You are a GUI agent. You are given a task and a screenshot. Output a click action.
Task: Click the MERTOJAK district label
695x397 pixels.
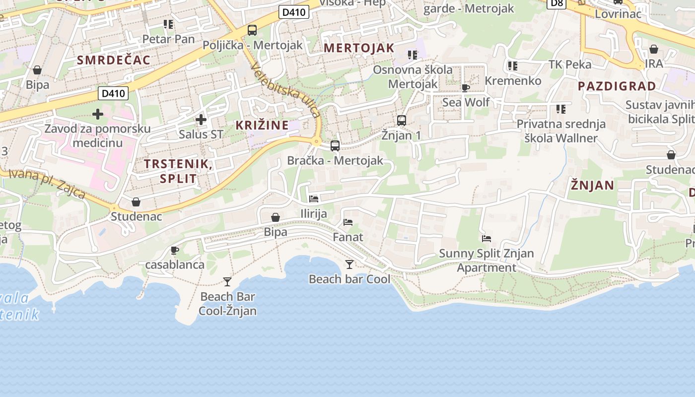359,48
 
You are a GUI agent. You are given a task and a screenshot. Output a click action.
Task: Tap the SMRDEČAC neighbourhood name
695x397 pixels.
114,60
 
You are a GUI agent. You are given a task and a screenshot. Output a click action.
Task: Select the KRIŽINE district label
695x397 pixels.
262,125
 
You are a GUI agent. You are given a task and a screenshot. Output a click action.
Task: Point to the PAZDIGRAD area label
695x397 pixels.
617,86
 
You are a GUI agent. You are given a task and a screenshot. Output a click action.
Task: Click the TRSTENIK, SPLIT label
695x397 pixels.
178,171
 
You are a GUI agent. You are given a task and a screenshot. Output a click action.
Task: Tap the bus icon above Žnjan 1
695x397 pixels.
402,120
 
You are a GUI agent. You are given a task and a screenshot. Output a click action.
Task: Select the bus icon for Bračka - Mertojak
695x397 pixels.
335,146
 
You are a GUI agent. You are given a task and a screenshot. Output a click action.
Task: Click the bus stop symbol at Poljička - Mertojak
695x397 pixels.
252,30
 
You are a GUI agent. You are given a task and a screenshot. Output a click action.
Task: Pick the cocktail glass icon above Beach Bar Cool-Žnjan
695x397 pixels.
227,282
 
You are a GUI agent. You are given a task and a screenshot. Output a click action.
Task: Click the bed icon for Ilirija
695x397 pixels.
314,199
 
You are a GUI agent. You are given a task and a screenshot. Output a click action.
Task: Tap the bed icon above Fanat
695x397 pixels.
348,222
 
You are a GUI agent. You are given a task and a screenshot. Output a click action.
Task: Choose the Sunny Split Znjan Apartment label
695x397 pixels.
486,261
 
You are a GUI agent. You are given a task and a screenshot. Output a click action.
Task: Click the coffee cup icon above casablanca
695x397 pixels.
174,250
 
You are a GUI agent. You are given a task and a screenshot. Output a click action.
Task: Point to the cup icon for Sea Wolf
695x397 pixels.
465,88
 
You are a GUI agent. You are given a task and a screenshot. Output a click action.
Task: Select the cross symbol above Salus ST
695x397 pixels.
201,120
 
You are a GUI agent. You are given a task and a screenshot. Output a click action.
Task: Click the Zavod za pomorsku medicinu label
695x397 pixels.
97,136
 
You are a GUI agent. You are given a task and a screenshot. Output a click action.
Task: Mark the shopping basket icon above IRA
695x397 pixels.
654,49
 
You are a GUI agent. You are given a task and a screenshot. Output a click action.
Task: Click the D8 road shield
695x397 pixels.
557,3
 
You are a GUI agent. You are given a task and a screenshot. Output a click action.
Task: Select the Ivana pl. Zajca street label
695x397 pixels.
47,183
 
